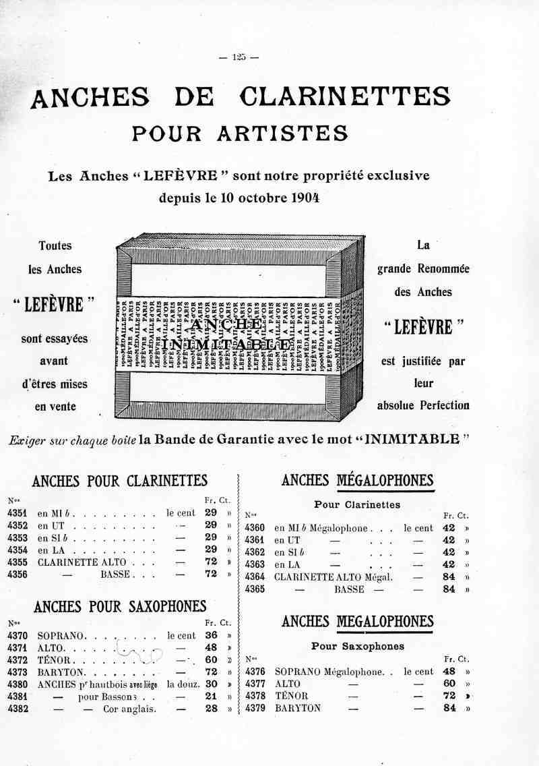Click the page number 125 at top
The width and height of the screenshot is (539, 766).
pos(239,57)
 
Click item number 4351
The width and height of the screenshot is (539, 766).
pos(18,513)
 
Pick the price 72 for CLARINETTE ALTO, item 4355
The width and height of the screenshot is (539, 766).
pos(210,562)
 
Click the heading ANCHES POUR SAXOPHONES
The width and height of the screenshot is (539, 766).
pos(120,607)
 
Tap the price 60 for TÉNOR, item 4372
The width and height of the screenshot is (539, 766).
pos(210,660)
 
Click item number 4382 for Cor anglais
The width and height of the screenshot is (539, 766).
pos(18,709)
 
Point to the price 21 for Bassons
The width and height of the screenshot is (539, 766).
pos(210,697)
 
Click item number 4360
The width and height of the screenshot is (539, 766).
pos(255,528)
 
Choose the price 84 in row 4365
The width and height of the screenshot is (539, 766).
pos(449,589)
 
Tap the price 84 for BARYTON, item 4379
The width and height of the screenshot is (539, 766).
pos(449,708)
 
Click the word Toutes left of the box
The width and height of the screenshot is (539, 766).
pos(55,246)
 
